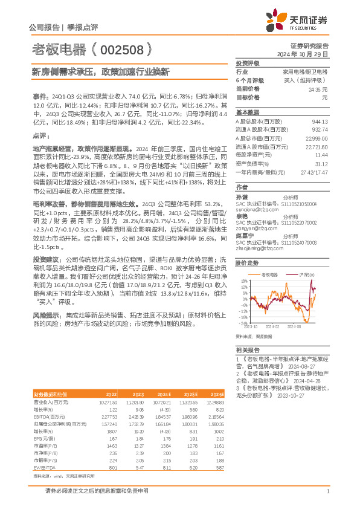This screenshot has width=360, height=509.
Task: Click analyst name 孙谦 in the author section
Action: [241, 196]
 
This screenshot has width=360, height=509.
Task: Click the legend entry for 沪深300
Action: [308, 274]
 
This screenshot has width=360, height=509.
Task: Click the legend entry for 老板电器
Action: [270, 274]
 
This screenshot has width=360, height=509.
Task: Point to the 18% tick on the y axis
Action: [244, 281]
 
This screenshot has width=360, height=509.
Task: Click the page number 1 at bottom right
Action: [327, 491]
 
